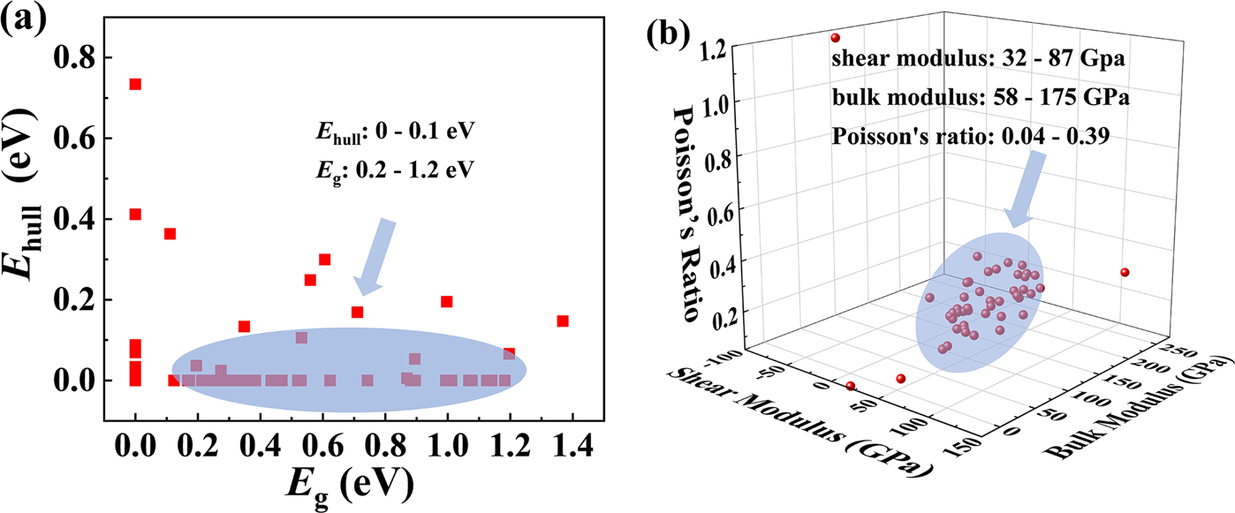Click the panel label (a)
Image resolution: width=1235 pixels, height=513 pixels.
pyautogui.click(x=27, y=20)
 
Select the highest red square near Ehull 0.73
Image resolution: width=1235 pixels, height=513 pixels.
pyautogui.click(x=135, y=84)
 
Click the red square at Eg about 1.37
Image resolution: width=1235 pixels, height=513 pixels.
pyautogui.click(x=562, y=321)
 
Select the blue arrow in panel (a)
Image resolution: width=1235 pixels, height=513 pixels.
pyautogui.click(x=375, y=257)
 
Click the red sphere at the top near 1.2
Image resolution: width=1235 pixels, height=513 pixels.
pyautogui.click(x=835, y=38)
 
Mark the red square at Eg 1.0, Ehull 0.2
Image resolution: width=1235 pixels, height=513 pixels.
pyautogui.click(x=446, y=301)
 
